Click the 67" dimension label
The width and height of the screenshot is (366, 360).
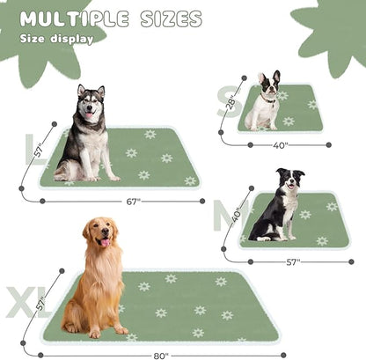coord(133,202)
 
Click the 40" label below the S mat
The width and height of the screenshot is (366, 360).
coord(282,145)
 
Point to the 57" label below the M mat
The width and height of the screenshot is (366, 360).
coord(294,261)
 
